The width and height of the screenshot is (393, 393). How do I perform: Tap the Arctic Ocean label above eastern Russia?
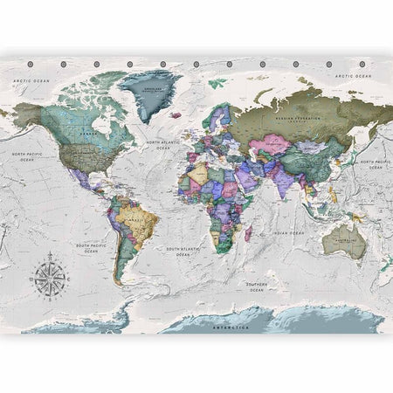pyautogui.click(x=354, y=78)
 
